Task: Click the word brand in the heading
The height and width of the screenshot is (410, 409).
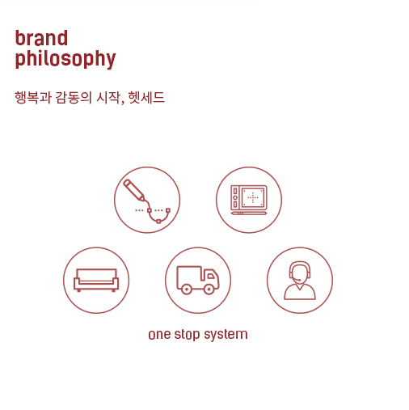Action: pos(41,38)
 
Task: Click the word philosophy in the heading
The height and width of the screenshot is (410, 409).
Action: pos(65,58)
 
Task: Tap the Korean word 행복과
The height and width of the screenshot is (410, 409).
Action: pos(33,97)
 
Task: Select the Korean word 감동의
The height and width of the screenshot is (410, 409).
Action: pos(74,97)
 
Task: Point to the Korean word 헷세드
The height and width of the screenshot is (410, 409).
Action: pos(146,97)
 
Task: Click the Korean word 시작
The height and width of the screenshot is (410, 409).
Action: pos(108,97)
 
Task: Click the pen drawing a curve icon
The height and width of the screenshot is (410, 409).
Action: pos(147,200)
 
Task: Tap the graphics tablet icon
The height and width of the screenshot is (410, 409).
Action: pos(249,200)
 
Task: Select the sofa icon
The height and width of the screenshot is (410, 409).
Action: pos(96,280)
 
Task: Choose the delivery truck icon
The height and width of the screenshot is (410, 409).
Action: pos(198,280)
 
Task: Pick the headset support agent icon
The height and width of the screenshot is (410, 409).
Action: pos(300,280)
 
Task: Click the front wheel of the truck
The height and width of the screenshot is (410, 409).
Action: pos(209,290)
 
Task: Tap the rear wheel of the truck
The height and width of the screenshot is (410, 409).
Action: pos(187,290)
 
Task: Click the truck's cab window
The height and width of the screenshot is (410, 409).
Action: pos(211,276)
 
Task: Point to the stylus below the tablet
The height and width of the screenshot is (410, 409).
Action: pos(249,213)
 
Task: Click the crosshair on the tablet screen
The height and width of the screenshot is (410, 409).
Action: pos(253,197)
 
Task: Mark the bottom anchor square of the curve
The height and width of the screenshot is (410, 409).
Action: pos(158,222)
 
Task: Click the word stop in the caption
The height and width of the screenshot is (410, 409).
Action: pos(187,335)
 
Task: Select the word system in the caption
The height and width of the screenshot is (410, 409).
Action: pos(226,335)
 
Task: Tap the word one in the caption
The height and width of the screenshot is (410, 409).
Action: pos(159,335)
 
